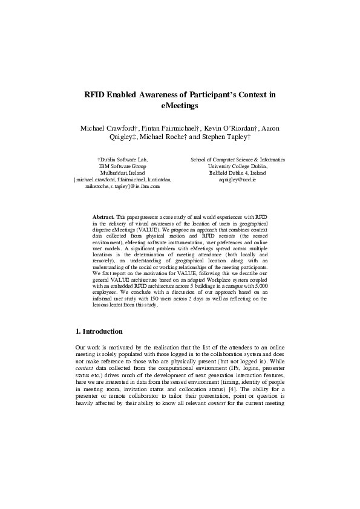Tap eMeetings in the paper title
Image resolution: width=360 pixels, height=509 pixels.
coord(180,105)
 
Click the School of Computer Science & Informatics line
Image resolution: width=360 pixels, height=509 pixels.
coord(238,159)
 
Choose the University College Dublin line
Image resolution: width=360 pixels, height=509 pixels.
coord(238,166)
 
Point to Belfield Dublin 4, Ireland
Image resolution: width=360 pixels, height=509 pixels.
coord(238,172)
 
